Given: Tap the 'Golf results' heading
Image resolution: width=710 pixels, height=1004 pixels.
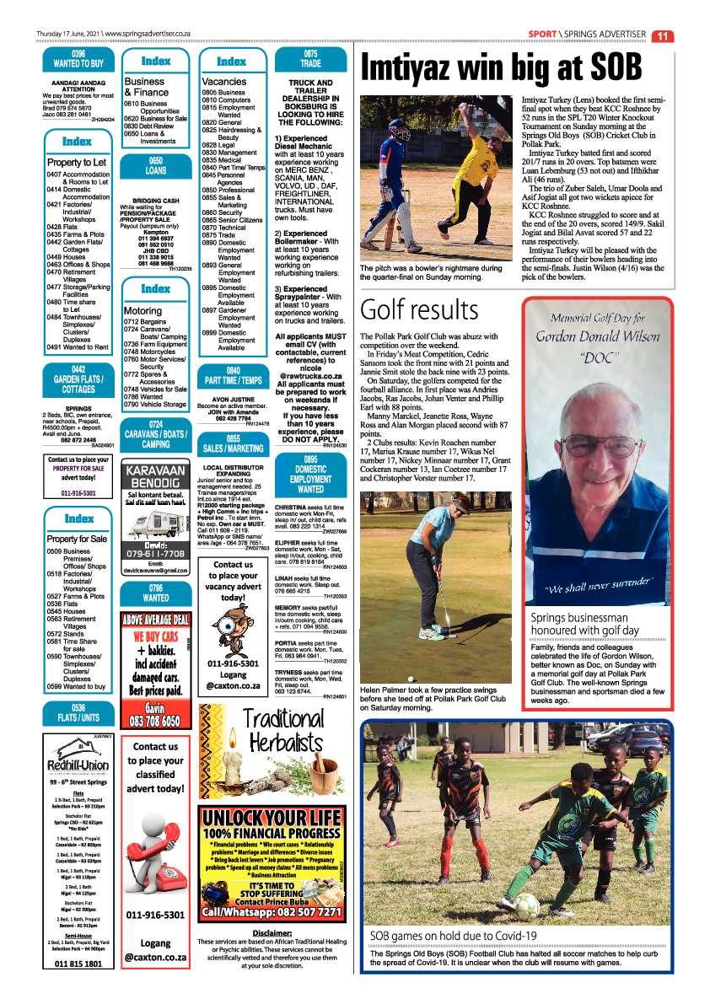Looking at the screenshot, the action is pyautogui.click(x=419, y=309).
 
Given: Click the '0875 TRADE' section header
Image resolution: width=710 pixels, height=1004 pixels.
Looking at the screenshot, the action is pyautogui.click(x=310, y=58).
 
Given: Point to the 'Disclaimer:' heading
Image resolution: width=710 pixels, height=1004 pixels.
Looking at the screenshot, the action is pyautogui.click(x=272, y=932).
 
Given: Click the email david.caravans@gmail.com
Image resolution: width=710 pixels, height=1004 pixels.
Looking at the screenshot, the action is pyautogui.click(x=155, y=570).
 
